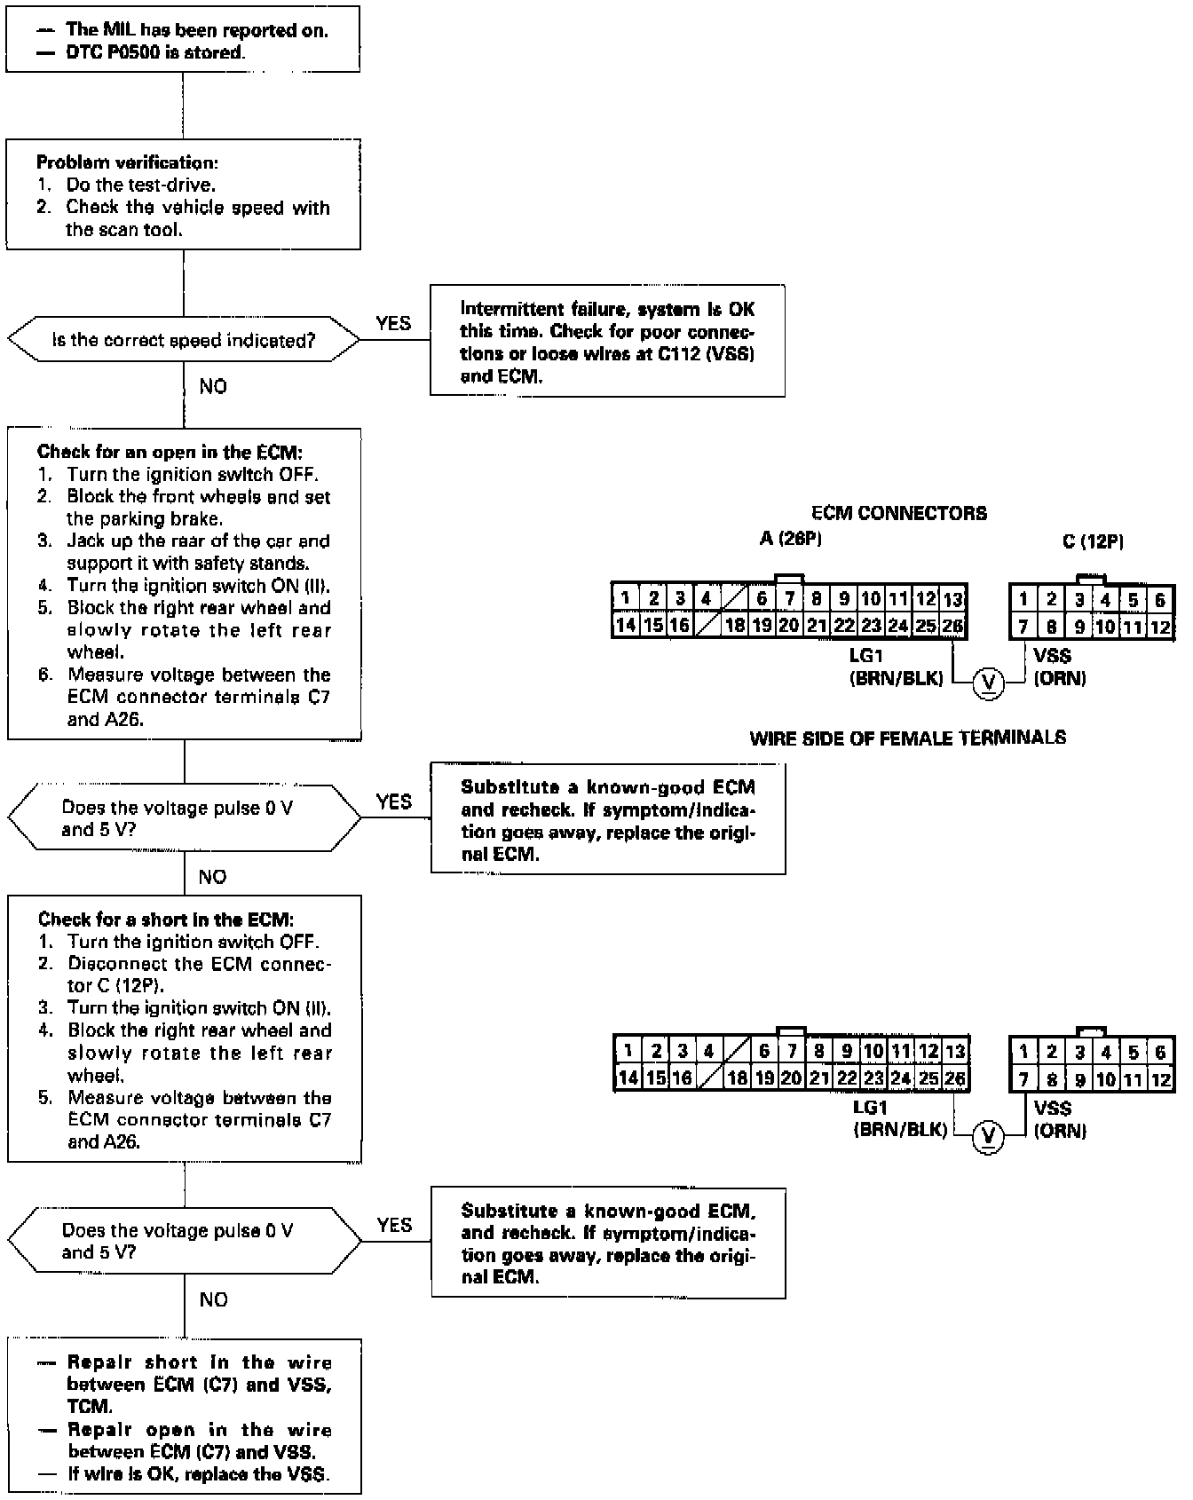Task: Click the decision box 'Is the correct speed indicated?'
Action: [183, 340]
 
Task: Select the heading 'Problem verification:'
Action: [127, 162]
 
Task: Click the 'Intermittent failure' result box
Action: [607, 341]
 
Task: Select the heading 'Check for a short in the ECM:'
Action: [165, 920]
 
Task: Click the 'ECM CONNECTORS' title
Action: [898, 513]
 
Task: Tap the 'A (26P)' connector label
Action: [790, 539]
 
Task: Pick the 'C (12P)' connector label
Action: [1093, 541]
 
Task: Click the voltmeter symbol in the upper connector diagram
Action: [988, 683]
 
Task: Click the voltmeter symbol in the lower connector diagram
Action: [988, 1136]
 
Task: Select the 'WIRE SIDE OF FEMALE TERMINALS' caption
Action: [907, 738]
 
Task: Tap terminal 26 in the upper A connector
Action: [952, 626]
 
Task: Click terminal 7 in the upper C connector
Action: [1023, 626]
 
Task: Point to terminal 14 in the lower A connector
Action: [628, 1078]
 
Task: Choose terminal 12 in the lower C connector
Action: [1159, 1079]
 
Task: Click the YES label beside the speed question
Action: [393, 323]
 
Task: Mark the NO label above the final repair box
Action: [213, 1299]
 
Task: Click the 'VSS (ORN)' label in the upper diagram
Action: [1058, 667]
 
